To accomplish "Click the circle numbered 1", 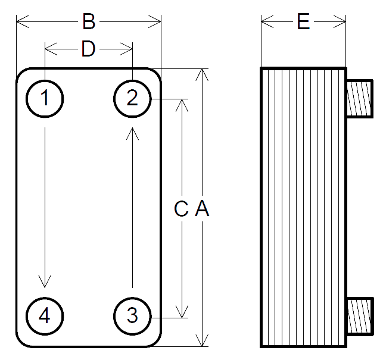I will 45,98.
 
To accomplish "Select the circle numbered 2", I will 132,98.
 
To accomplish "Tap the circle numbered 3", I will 132,315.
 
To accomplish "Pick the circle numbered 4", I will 45,315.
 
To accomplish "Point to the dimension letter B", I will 88,23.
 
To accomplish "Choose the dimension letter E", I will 303,23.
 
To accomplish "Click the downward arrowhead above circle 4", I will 45,281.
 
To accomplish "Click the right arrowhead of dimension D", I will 127,46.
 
